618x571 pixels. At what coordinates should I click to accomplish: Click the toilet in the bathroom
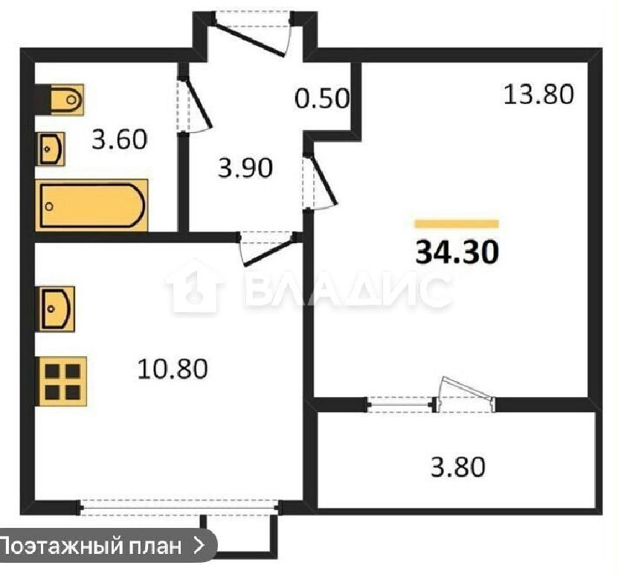tap(67, 100)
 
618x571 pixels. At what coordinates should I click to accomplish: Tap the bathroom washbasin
tap(51, 149)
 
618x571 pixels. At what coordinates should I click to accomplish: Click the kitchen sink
tap(56, 309)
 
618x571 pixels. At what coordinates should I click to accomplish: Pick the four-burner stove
tap(62, 381)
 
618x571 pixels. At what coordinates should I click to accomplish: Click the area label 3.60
tap(120, 140)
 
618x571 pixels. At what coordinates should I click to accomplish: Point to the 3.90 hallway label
tap(245, 167)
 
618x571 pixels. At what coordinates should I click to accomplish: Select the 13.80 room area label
tap(538, 94)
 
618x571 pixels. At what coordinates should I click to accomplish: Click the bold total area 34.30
tap(457, 252)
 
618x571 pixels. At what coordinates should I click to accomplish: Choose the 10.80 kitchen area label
tap(173, 370)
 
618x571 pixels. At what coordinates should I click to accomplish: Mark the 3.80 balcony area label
tap(457, 467)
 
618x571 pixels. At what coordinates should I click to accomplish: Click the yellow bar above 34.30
tap(457, 224)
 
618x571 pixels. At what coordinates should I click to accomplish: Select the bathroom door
tap(194, 104)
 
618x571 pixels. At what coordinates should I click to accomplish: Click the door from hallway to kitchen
tap(268, 249)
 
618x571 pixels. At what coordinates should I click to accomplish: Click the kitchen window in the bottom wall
tap(180, 507)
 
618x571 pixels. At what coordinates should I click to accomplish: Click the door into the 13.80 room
tap(320, 182)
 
